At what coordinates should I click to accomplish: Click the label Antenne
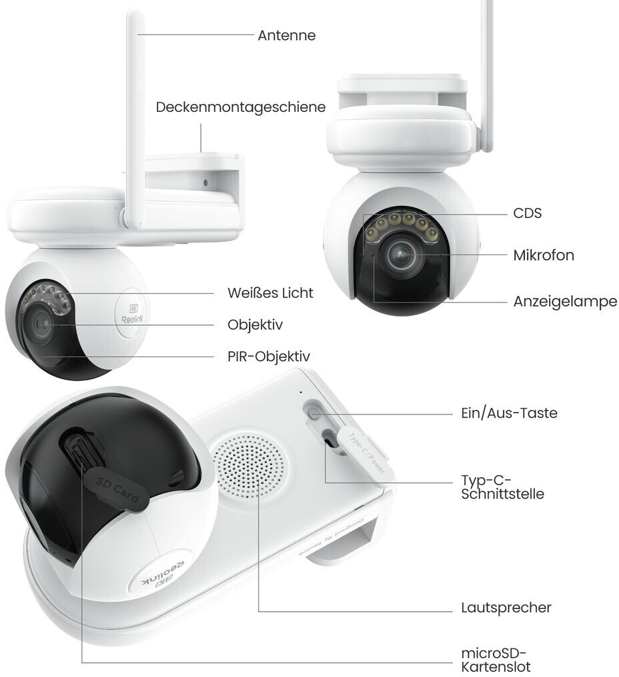click(286, 35)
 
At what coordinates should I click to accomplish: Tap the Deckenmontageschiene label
click(241, 107)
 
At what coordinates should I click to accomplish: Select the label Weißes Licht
click(269, 293)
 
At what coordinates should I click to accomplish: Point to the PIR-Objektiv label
click(268, 356)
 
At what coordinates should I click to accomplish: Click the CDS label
click(527, 213)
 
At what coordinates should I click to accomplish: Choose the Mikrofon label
click(544, 255)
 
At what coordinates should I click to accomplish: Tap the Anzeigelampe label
click(564, 301)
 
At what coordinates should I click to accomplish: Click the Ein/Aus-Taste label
click(508, 413)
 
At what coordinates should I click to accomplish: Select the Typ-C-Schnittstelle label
click(502, 487)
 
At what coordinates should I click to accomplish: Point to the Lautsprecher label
click(506, 608)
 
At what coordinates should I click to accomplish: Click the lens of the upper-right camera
click(402, 255)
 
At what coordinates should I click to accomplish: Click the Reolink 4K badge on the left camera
click(130, 311)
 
